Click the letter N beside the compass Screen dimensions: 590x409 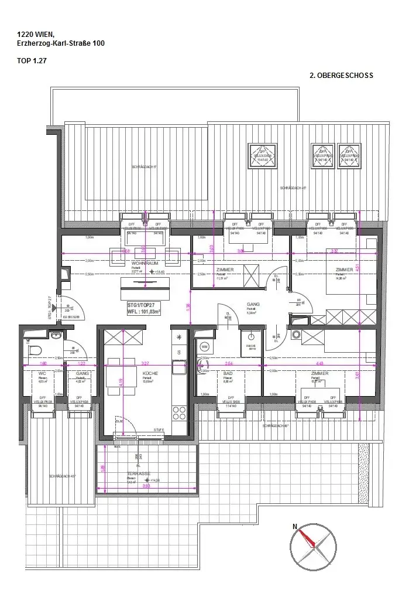click(x=295, y=527)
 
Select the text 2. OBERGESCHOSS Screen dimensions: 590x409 click(x=341, y=76)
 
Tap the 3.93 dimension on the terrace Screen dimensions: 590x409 click(x=146, y=486)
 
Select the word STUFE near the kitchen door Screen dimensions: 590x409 click(x=159, y=431)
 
